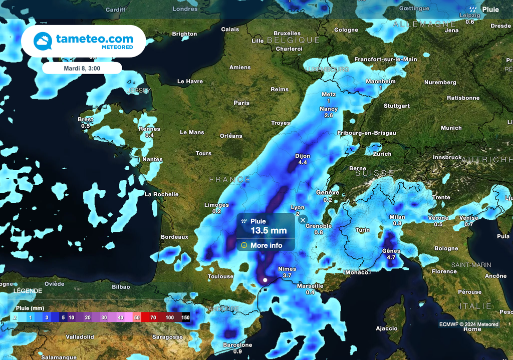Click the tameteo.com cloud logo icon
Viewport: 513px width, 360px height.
point(43,41)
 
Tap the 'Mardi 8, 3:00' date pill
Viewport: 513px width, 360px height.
point(82,68)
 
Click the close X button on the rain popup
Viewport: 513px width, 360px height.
point(303,220)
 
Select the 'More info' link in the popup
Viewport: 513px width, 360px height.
point(266,245)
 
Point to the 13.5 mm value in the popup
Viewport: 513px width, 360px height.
point(269,231)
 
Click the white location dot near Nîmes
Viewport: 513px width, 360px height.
point(265,280)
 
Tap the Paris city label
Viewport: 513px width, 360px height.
point(241,103)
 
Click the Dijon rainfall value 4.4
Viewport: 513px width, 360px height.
point(303,163)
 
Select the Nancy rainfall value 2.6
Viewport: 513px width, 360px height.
point(329,116)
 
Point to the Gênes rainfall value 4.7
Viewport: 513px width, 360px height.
point(391,257)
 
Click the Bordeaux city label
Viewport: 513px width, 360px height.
point(174,236)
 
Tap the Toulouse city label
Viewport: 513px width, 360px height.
point(220,276)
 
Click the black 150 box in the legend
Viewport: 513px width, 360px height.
point(185,317)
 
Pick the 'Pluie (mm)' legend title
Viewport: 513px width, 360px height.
point(30,308)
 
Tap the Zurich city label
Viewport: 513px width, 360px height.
point(382,154)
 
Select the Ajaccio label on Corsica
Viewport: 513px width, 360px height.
point(386,328)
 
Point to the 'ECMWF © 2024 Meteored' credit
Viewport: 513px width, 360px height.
point(469,324)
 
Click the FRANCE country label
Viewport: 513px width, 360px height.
point(229,179)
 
